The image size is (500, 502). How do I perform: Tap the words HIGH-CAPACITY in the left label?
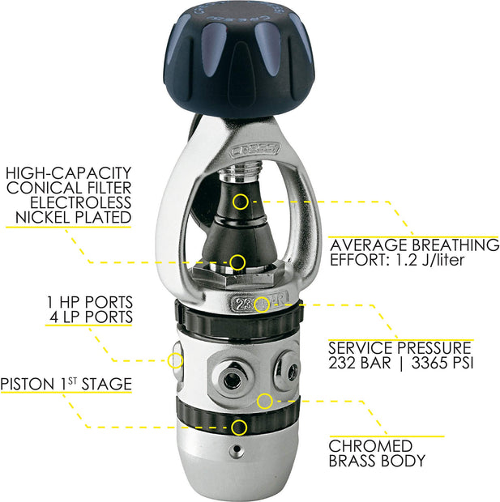click(68, 173)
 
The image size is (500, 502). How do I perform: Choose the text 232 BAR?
click(360, 363)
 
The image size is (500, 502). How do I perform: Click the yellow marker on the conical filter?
click(240, 201)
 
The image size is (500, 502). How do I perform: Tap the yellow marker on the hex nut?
click(237, 262)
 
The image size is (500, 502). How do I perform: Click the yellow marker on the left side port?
click(175, 360)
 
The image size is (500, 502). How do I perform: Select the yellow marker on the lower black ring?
click(238, 426)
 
